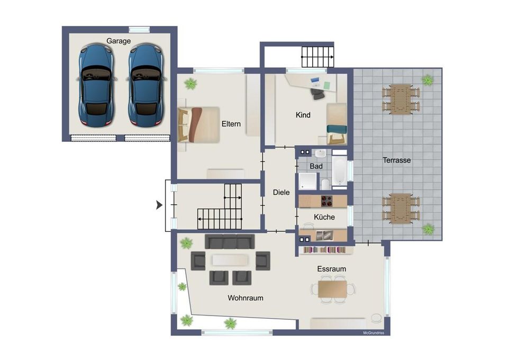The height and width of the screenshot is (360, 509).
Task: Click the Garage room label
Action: point(119,41)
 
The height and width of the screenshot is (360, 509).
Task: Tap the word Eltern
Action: point(231,124)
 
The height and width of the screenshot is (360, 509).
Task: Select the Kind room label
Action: point(303,115)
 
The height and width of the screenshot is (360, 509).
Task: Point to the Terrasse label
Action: point(397,160)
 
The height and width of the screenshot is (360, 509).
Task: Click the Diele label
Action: point(281,192)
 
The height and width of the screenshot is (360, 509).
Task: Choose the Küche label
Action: point(324,217)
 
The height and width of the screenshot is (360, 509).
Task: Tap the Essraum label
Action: point(331,269)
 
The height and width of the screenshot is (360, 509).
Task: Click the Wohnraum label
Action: point(246,298)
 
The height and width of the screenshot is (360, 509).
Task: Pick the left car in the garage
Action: point(96,85)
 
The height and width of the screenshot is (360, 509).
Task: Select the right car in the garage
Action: point(146,85)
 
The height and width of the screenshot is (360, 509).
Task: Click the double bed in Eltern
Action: point(198,125)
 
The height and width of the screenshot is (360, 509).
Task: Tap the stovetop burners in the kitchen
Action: point(326,201)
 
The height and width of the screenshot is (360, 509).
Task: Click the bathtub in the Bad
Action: point(340,169)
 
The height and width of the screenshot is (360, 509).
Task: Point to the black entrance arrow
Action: point(159,205)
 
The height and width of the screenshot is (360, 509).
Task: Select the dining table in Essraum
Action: point(332,290)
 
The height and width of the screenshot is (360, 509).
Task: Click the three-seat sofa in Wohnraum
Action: point(230,241)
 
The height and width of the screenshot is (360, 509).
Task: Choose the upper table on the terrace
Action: point(401,100)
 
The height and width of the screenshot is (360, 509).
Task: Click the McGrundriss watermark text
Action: point(374,332)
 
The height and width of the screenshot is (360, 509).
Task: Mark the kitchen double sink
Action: point(324,235)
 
